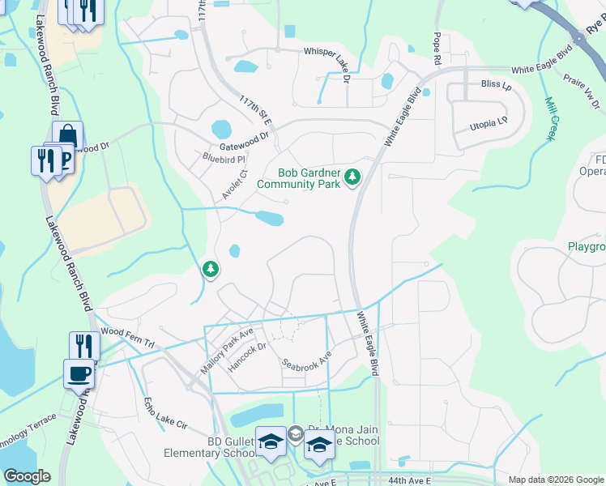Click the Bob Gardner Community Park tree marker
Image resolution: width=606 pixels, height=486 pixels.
coord(352,177)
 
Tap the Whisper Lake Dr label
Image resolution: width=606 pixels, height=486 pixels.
coord(326,52)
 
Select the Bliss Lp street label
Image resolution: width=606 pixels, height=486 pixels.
coord(490,83)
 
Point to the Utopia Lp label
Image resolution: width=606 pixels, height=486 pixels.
coord(489,126)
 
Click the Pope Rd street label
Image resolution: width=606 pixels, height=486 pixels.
coord(437,49)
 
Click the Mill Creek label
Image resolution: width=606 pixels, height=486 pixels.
coord(548,119)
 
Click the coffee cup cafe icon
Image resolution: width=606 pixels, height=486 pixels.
coord(79,373)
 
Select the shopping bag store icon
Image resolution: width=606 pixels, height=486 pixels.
coord(67,135)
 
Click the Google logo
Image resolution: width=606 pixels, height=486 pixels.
coord(27,476)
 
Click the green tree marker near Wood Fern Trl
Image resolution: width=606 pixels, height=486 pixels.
coord(210,268)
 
